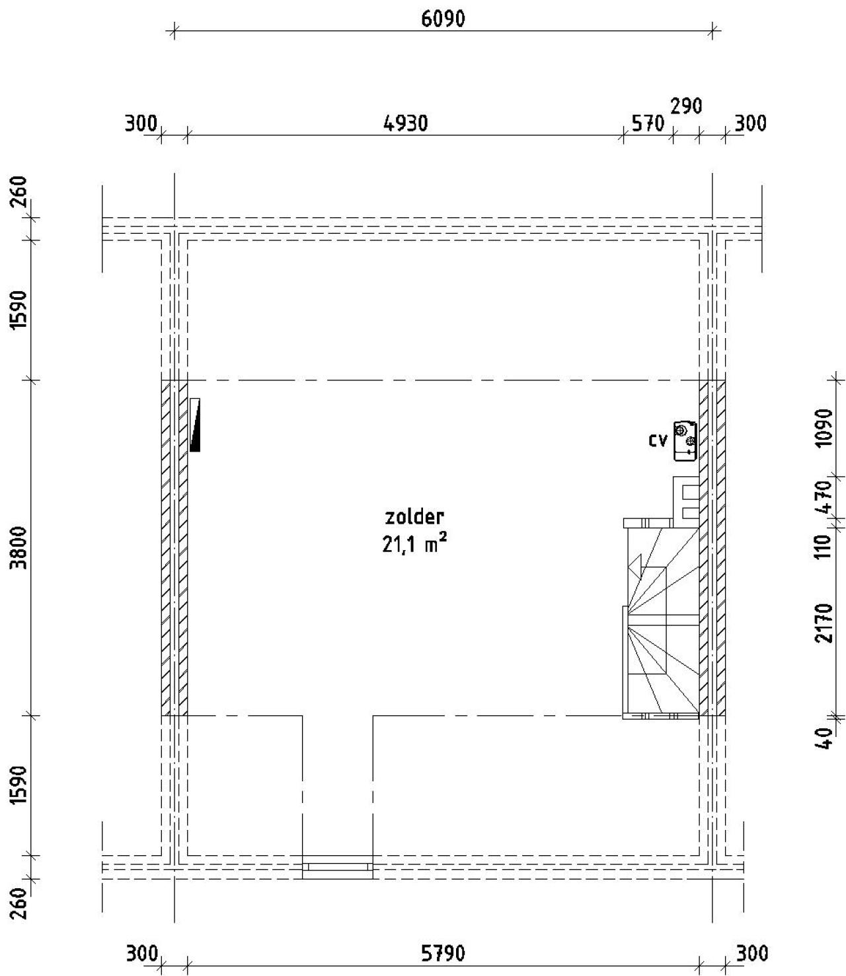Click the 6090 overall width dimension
pos(443,19)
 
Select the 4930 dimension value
pos(406,123)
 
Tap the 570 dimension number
pos(648,123)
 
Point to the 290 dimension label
pos(686,106)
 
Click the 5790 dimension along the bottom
pos(443,953)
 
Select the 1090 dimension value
pos(824,428)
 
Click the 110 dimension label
pos(824,547)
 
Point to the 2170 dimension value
pos(824,622)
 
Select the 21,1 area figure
pos(399,544)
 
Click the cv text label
pos(658,440)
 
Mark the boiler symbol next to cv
pos(685,440)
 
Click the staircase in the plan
pos(661,617)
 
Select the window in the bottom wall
pos(338,866)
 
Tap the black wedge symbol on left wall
pos(195,425)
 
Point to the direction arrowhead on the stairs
pos(634,566)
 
